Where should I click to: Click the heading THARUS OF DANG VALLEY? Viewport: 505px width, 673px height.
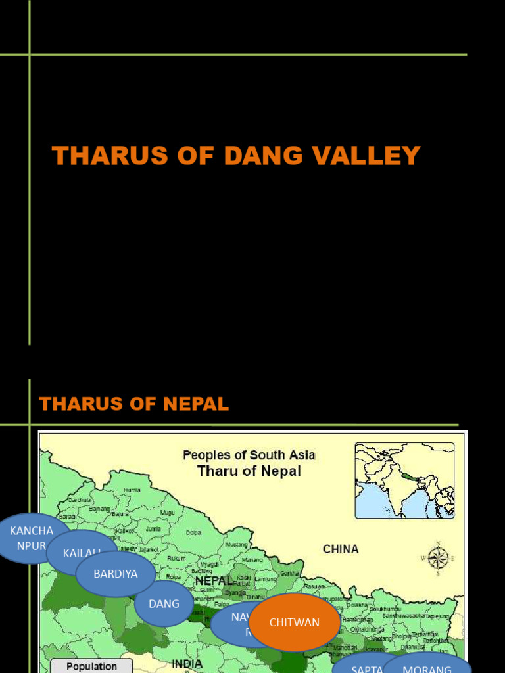[236, 156]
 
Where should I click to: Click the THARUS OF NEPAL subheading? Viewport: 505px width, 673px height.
[133, 404]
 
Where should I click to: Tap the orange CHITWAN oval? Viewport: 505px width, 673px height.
[295, 622]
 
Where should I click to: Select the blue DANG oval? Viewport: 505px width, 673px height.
[164, 603]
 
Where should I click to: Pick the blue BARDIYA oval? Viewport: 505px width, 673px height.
[116, 574]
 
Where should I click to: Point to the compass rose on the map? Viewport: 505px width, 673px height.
[438, 558]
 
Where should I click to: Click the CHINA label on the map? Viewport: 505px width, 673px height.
[341, 549]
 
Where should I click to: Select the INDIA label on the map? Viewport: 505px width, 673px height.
[187, 664]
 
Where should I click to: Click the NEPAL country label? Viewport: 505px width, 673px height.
[214, 581]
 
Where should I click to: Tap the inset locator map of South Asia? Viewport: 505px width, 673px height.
[404, 480]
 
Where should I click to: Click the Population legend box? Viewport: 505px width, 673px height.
[91, 666]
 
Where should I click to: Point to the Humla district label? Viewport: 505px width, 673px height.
[132, 490]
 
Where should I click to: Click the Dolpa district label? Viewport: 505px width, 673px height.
[193, 532]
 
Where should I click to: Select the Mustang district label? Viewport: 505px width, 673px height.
[236, 544]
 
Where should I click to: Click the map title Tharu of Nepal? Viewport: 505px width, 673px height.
[249, 471]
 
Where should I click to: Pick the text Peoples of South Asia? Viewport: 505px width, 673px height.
[249, 455]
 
